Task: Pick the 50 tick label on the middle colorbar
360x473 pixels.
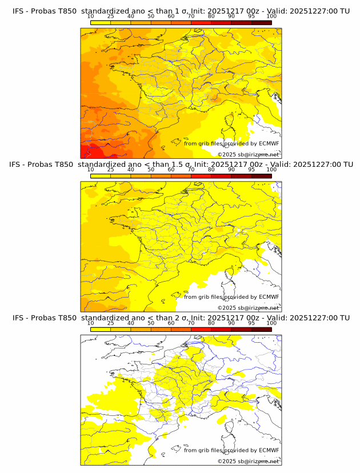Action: (x=151, y=170)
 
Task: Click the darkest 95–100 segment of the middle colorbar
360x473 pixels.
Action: (x=261, y=176)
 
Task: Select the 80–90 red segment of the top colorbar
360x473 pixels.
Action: (x=221, y=23)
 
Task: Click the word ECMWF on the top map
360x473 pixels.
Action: (x=269, y=143)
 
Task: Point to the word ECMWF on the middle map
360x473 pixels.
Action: (x=269, y=296)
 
